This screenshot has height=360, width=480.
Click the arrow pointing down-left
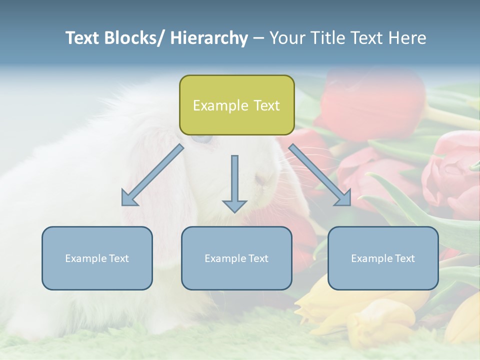click(152, 175)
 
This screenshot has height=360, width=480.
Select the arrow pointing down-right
click(320, 175)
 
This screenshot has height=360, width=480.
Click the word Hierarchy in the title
click(209, 38)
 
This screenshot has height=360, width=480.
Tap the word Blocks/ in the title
click(131, 38)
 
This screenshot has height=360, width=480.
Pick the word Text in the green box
click(266, 105)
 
